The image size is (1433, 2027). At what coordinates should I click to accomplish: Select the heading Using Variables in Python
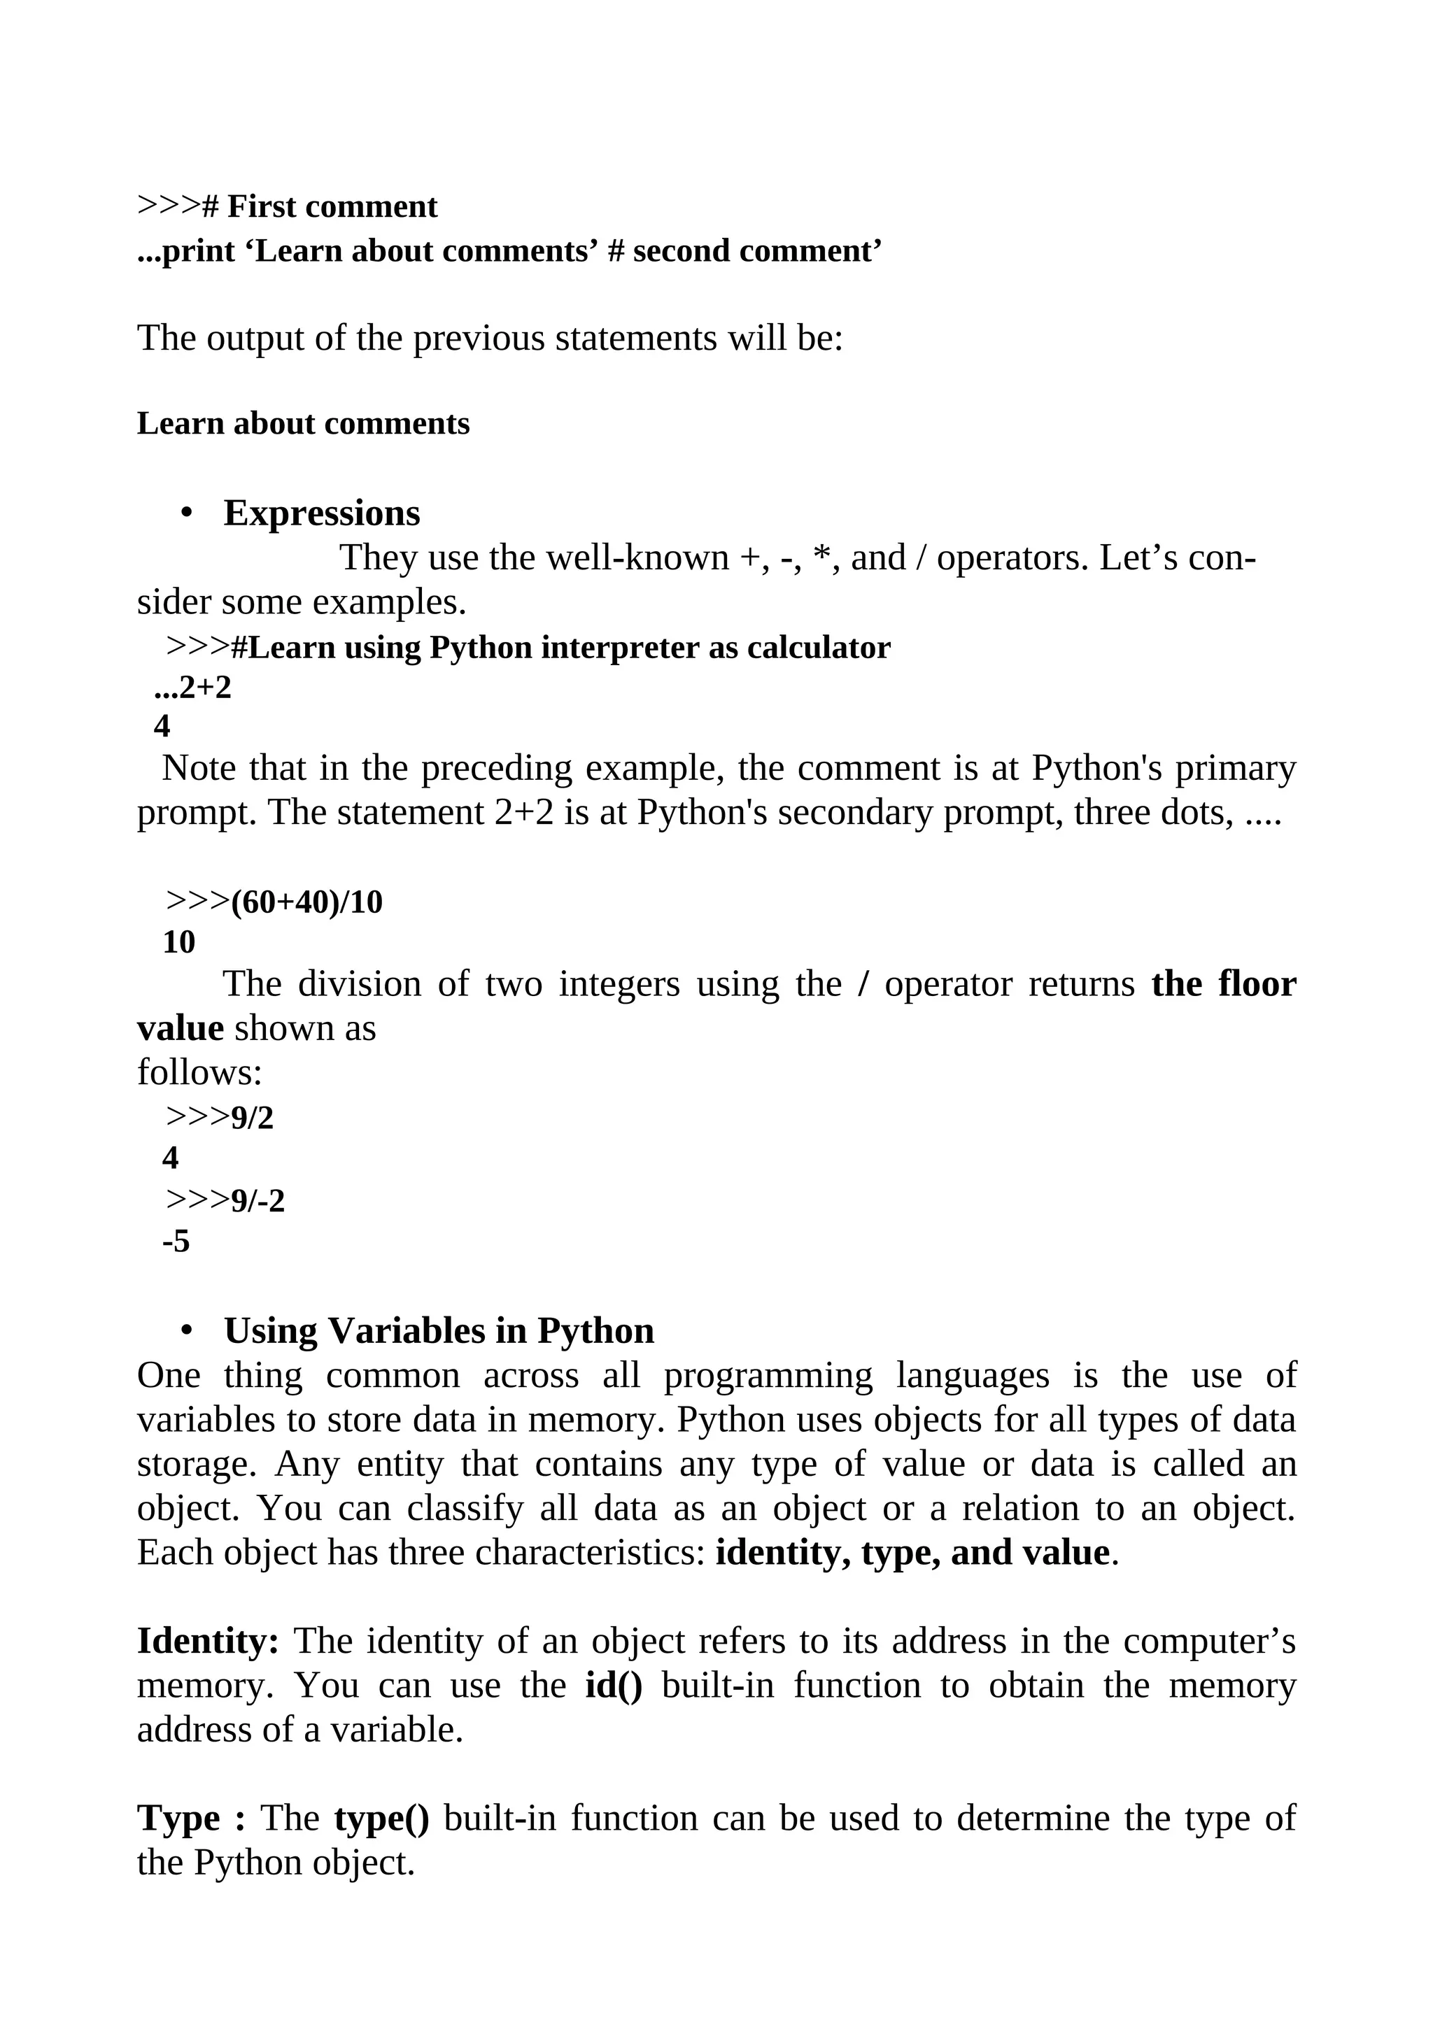pos(439,1331)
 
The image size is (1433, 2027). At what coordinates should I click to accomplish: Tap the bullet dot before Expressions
pos(185,513)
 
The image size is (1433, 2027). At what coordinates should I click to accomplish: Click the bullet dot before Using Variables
pos(185,1330)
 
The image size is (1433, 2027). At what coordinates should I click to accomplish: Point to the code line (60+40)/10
pos(306,902)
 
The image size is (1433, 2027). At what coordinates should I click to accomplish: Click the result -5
pos(176,1242)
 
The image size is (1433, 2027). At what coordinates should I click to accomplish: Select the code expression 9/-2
pos(257,1202)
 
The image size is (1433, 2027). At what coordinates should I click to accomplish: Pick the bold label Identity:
pos(209,1641)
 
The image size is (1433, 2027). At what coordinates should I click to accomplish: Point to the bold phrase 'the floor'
pos(1224,984)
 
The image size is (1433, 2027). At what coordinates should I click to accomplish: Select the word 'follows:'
pos(199,1073)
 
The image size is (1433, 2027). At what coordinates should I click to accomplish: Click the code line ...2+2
pos(192,687)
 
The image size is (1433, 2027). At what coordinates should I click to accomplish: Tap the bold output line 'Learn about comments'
pos(303,424)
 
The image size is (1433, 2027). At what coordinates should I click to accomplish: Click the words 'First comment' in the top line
pos(332,206)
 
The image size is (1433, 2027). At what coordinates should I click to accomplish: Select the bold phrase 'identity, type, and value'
pos(912,1553)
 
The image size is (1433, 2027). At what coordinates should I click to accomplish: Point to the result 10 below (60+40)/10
pos(178,943)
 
